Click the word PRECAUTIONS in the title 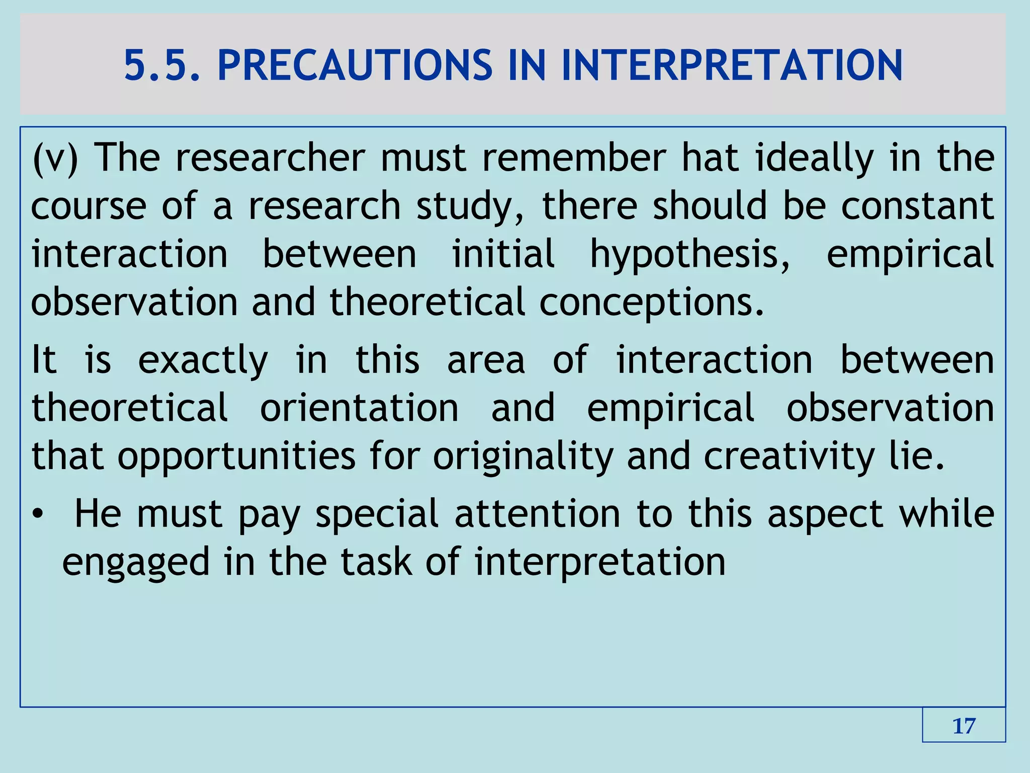click(355, 65)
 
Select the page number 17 click(964, 726)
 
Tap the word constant click(918, 206)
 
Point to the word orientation click(359, 408)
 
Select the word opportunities click(236, 456)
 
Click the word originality click(523, 456)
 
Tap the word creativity click(789, 456)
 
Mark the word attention click(537, 514)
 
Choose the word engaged click(136, 563)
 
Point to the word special click(377, 514)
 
